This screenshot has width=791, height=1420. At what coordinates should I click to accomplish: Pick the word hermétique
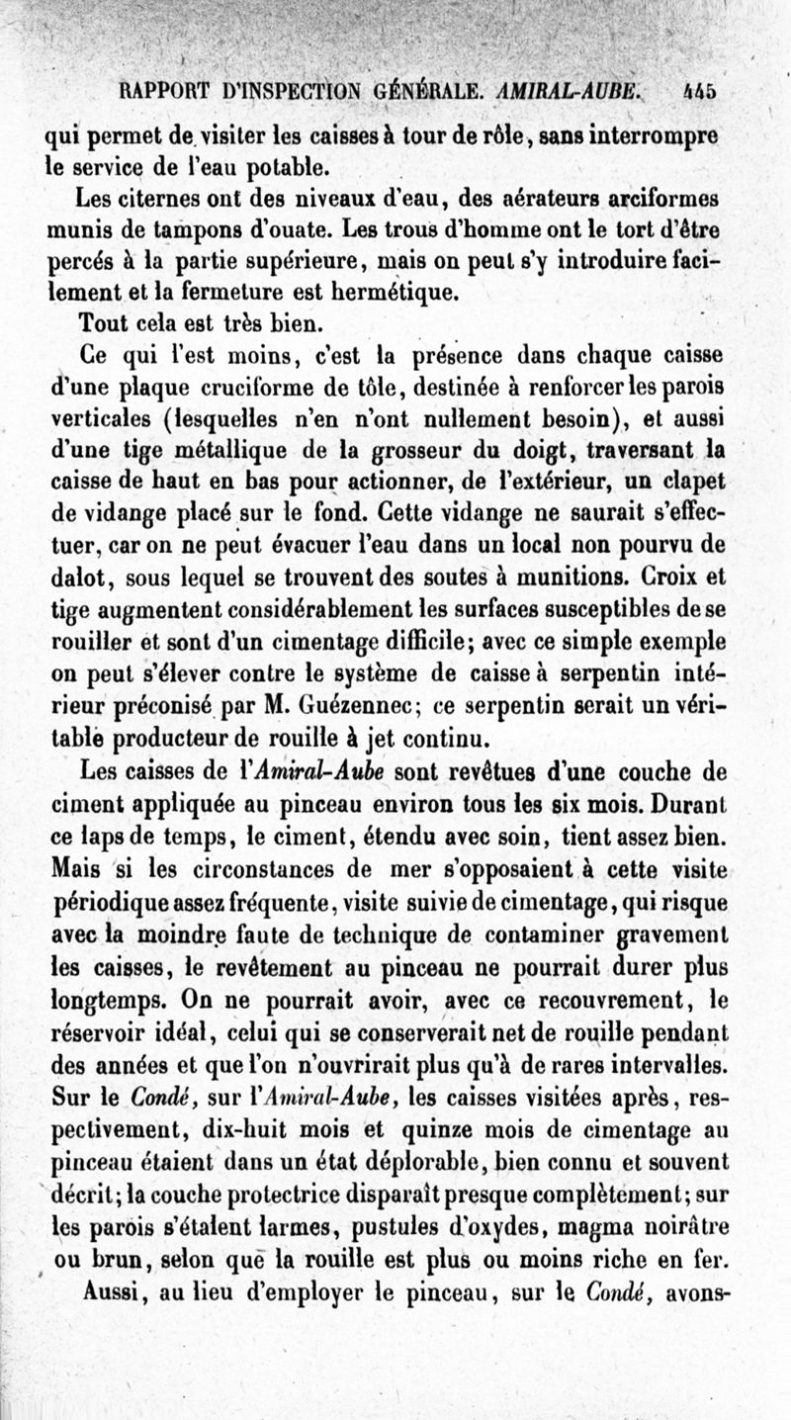coord(376,293)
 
